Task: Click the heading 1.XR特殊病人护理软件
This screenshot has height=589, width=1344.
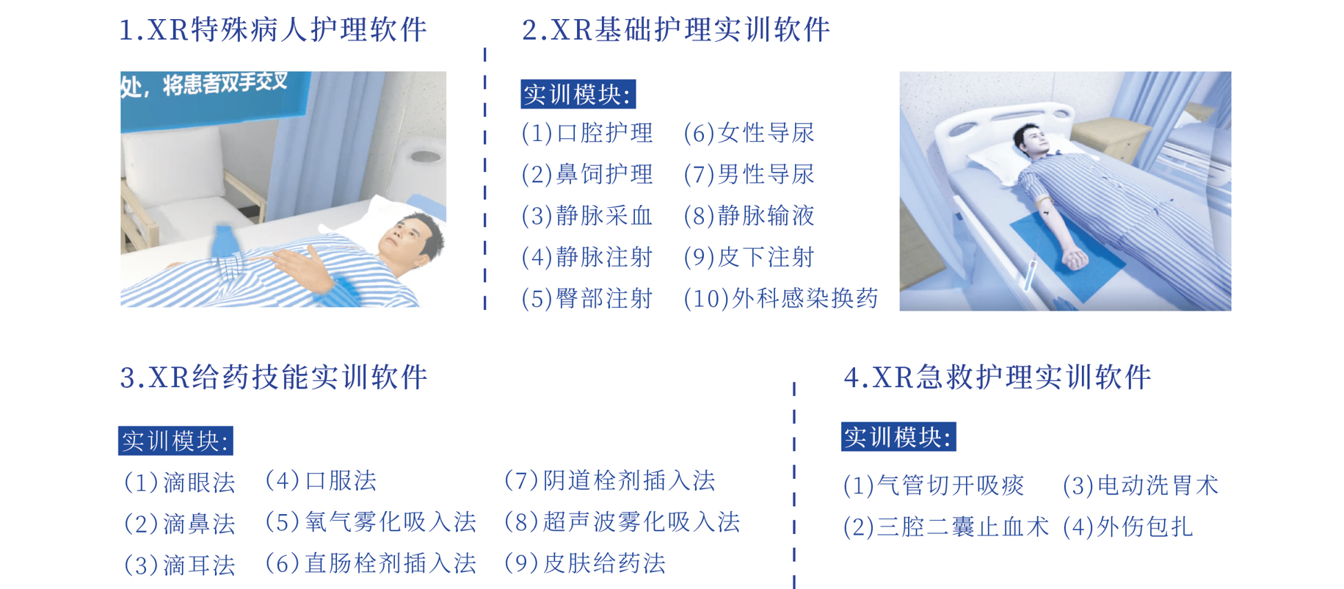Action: point(273,30)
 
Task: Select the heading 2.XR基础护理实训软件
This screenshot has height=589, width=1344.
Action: point(676,30)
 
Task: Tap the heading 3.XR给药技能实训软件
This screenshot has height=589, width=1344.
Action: point(274,377)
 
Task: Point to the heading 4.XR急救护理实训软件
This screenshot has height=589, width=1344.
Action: point(998,377)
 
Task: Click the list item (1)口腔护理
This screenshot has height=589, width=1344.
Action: point(587,133)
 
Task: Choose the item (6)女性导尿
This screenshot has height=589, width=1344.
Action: point(749,133)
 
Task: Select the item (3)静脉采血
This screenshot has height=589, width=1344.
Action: point(587,216)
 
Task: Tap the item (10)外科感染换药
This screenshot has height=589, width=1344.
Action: point(781,298)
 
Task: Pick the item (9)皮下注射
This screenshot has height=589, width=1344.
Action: point(749,257)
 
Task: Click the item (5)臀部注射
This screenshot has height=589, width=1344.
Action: point(587,298)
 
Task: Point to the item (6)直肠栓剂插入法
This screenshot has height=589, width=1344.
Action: point(371,563)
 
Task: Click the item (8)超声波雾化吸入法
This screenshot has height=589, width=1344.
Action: point(622,522)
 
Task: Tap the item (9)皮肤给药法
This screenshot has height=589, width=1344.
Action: point(585,563)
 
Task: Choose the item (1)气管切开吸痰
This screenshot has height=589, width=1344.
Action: point(934,485)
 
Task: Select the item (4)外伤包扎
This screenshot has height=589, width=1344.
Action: point(1128,527)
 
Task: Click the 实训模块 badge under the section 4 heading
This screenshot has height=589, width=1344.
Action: point(898,437)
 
